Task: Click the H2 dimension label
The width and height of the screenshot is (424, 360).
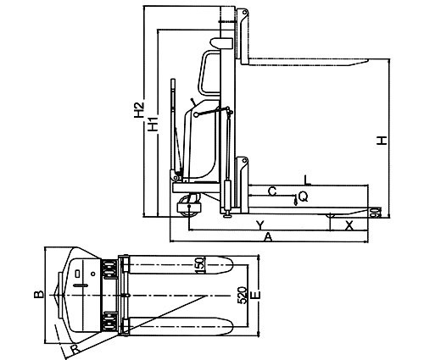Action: click(139, 109)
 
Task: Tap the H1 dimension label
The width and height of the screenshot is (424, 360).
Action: click(153, 123)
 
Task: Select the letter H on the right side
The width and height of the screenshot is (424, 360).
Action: click(382, 141)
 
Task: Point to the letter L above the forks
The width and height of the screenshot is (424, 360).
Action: click(307, 180)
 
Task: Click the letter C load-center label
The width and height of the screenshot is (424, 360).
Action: click(272, 191)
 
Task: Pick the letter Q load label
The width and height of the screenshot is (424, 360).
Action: click(303, 197)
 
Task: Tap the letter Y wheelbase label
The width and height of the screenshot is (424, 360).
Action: click(260, 225)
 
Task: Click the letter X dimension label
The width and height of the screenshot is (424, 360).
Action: click(349, 225)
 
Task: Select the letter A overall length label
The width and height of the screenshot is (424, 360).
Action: click(268, 237)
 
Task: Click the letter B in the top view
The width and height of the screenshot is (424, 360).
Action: click(39, 295)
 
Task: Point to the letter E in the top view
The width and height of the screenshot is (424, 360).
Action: click(255, 295)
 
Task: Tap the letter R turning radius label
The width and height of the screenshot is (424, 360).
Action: click(75, 350)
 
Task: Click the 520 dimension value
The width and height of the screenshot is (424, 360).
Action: click(242, 296)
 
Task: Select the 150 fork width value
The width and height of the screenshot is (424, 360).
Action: click(200, 265)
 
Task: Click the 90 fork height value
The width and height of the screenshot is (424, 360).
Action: click(377, 213)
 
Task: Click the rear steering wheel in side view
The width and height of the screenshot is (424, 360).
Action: click(189, 207)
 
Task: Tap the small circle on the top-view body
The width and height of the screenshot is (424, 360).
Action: click(93, 274)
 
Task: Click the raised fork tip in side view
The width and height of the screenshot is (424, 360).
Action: click(366, 61)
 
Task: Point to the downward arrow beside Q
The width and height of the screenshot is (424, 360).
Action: click(296, 200)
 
